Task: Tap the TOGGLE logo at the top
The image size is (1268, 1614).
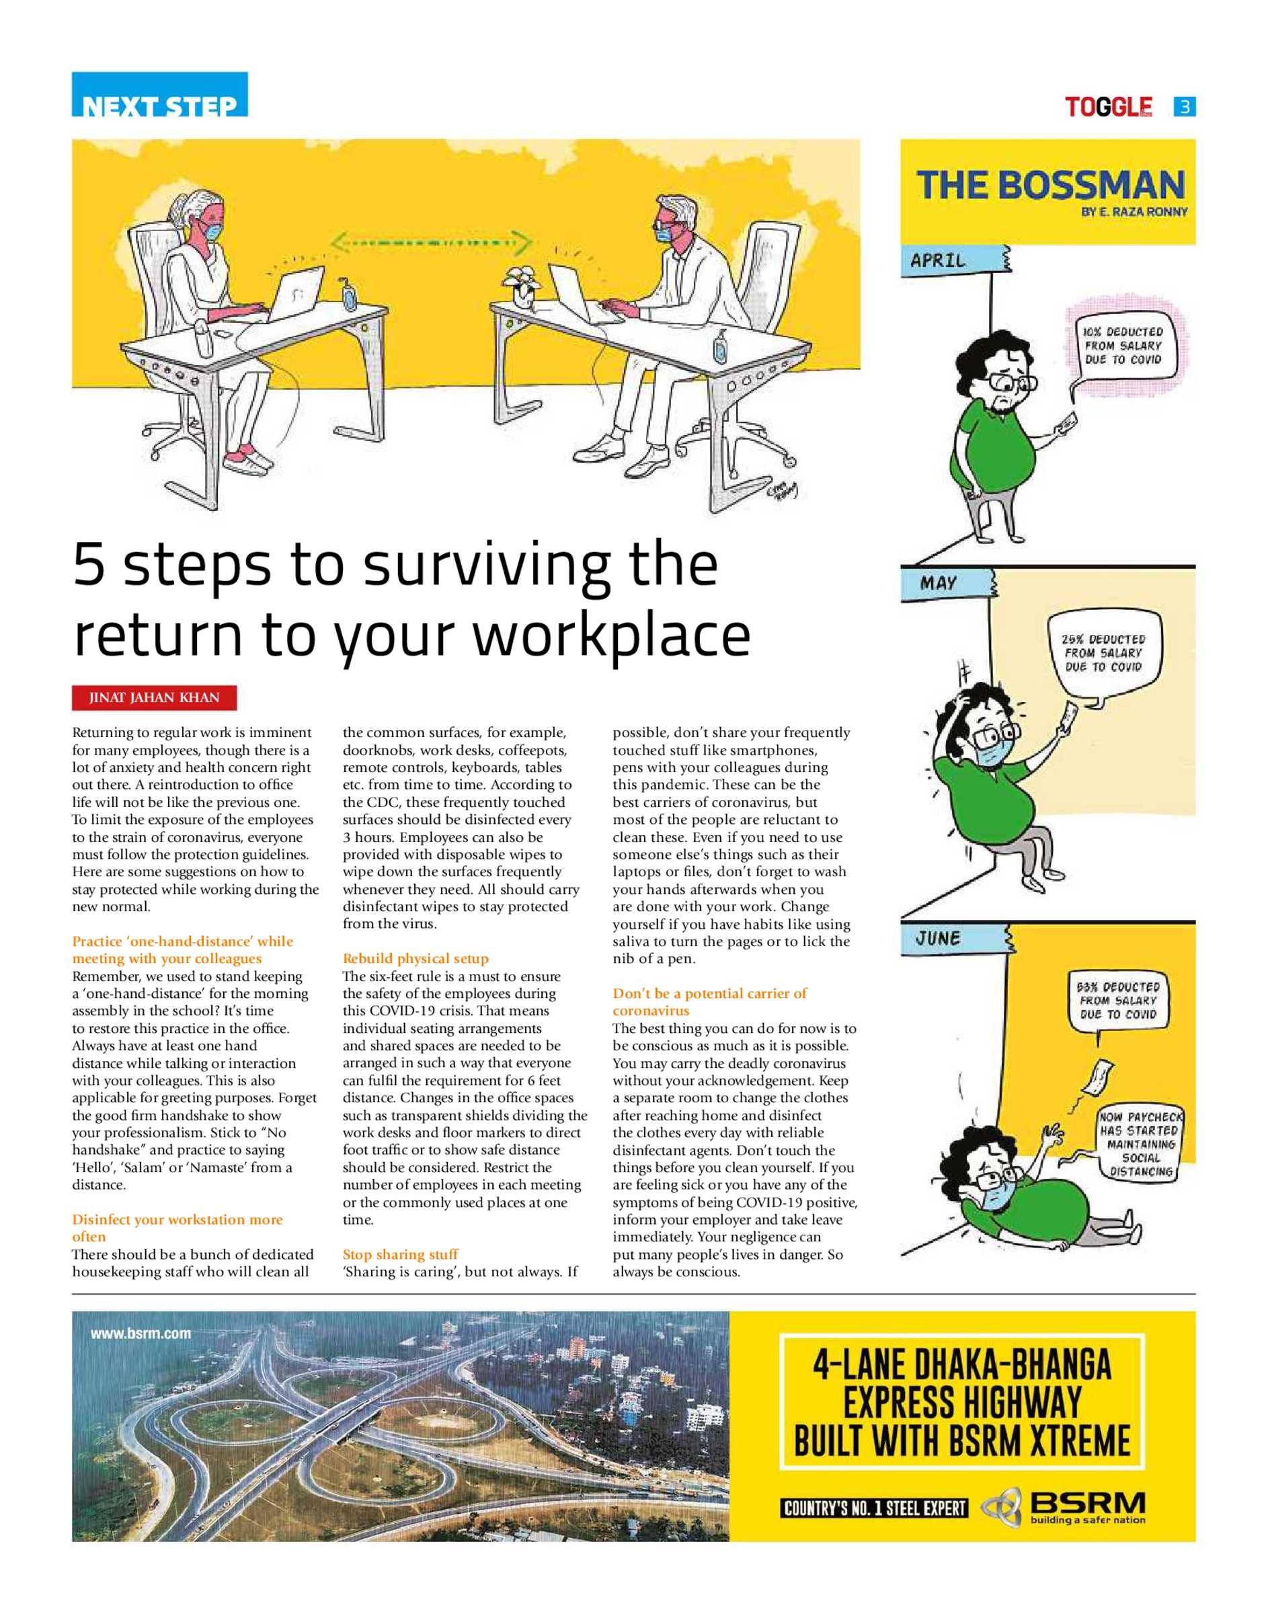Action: point(1109,107)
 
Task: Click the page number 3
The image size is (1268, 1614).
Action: point(1185,107)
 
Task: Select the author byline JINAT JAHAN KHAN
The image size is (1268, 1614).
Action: point(155,698)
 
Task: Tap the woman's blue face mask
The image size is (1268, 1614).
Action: point(212,231)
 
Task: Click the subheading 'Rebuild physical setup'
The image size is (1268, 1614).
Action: point(415,958)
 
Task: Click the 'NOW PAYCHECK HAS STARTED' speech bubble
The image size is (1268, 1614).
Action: point(1141,1144)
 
